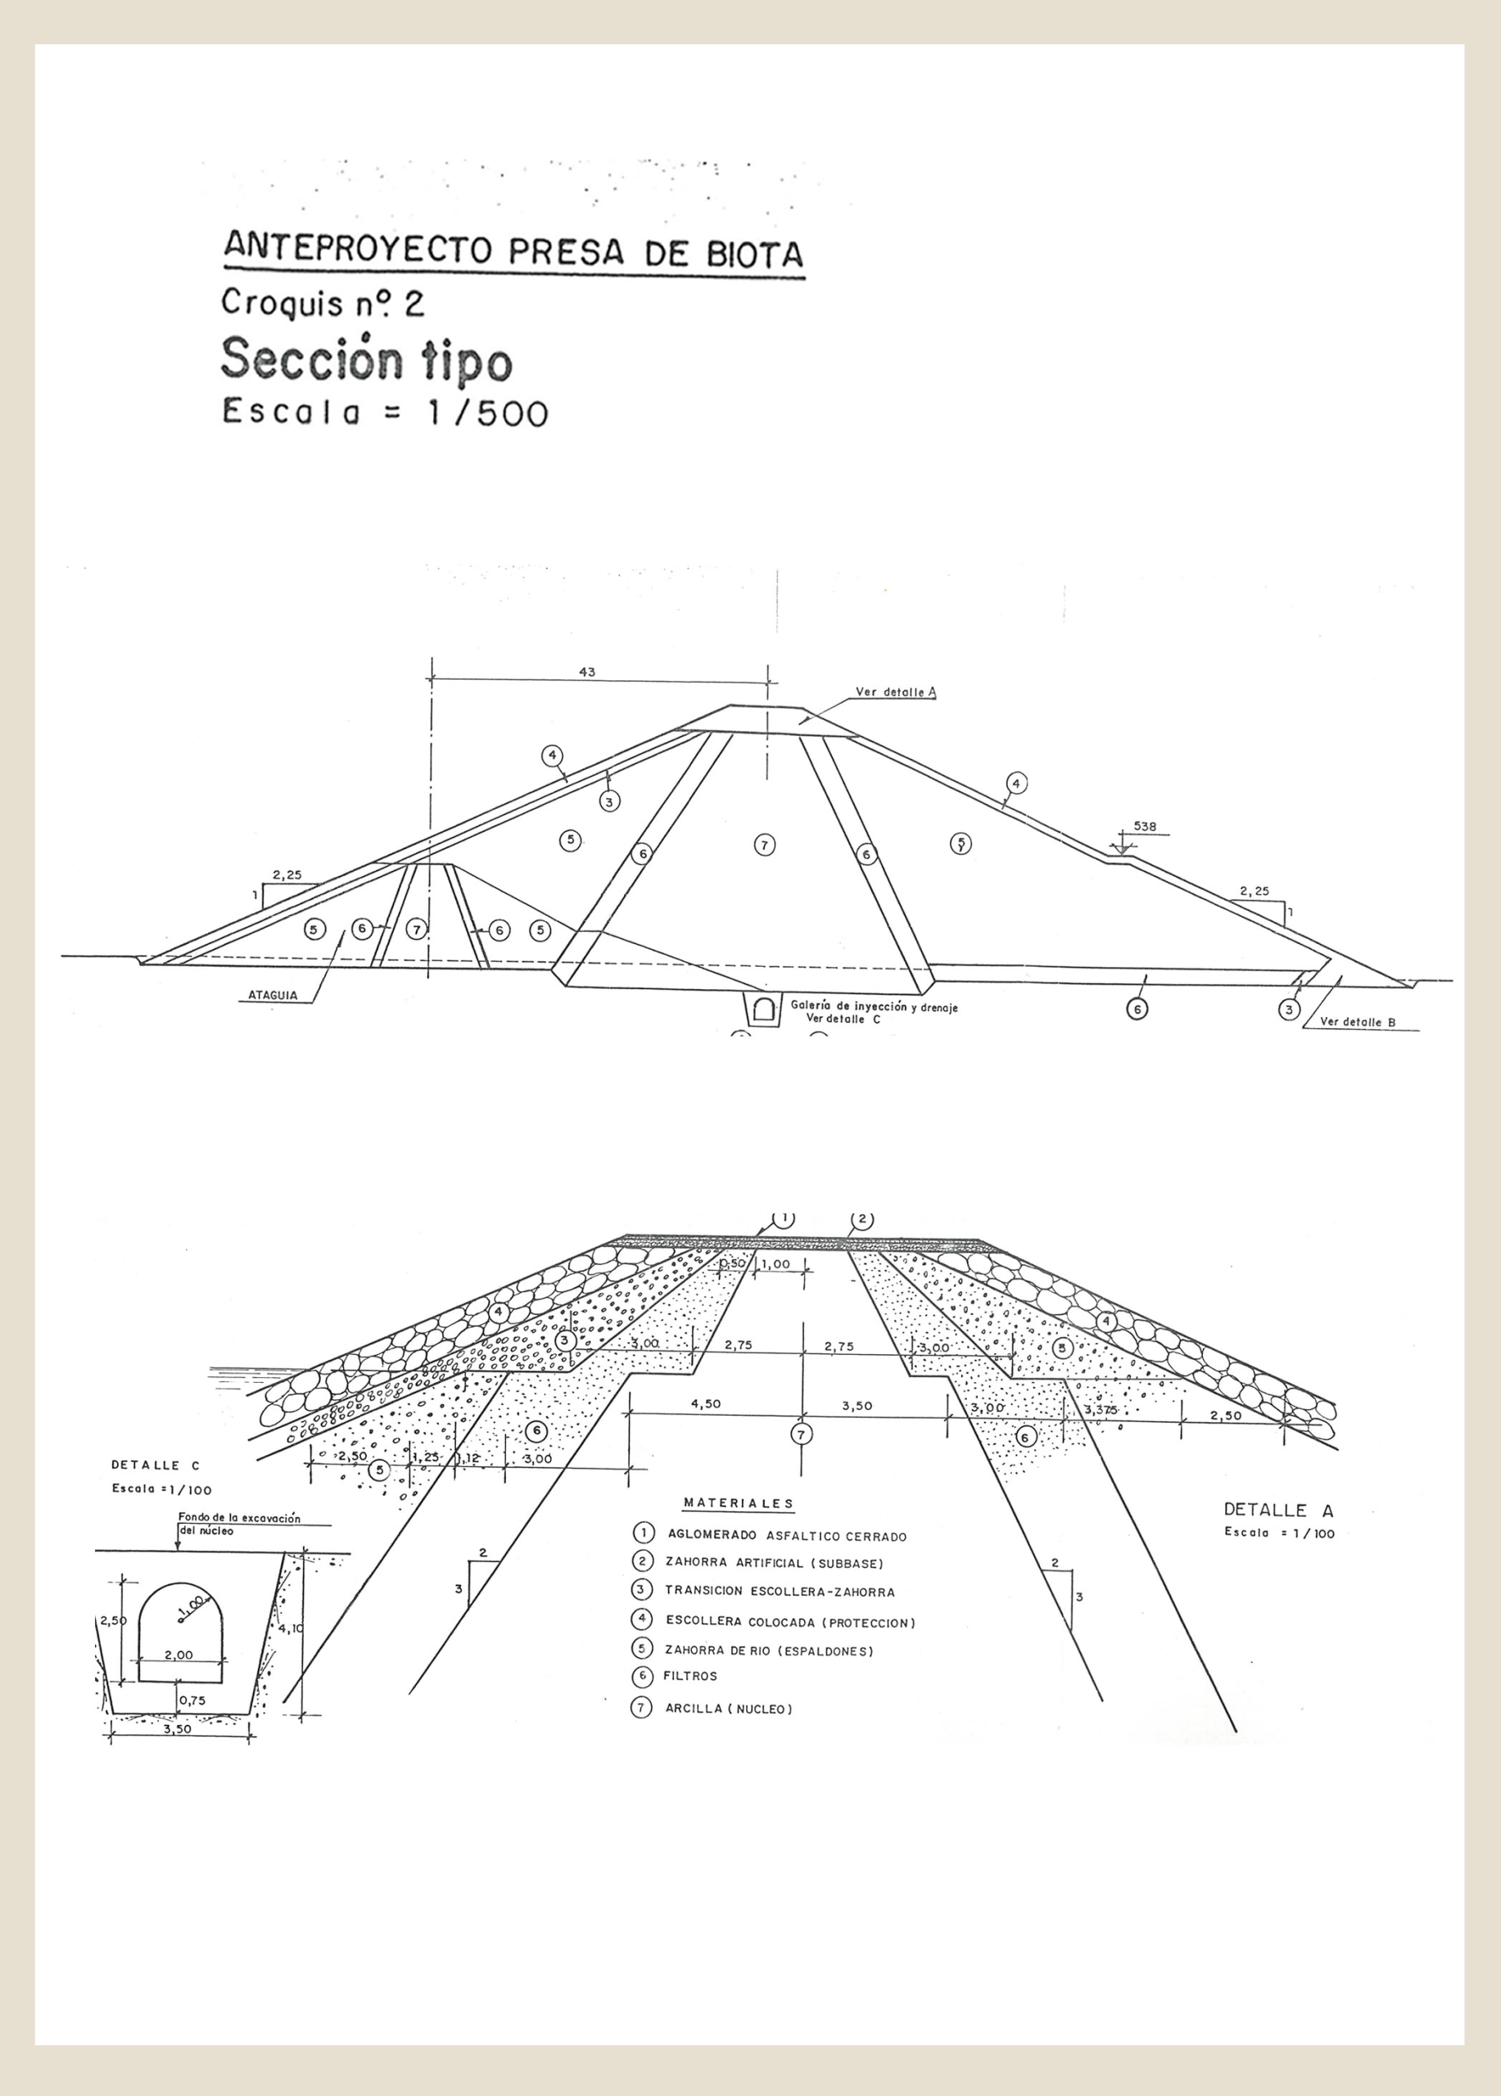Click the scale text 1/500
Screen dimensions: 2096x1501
487,413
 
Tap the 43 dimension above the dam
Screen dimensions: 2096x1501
587,673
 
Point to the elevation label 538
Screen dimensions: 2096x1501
1144,827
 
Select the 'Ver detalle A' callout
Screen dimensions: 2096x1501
896,692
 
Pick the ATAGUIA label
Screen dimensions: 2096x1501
273,996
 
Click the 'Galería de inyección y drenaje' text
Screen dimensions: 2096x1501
874,1007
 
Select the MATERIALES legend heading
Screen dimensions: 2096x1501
739,1503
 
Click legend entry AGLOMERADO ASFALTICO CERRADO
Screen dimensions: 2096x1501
785,1536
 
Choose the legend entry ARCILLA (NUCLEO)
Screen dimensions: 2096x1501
728,1709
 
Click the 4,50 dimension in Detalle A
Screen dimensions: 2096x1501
706,1404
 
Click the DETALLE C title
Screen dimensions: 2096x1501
154,1465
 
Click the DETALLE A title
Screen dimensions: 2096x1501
1278,1510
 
